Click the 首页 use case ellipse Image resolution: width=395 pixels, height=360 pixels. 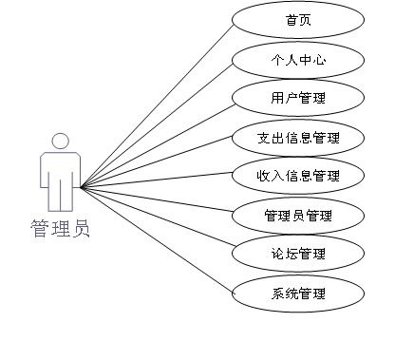(296, 19)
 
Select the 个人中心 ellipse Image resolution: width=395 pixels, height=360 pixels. (296, 59)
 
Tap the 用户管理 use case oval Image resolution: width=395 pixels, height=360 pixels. (296, 98)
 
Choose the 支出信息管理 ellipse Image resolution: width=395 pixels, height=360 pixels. (296, 138)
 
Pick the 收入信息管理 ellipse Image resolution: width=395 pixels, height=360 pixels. (296, 176)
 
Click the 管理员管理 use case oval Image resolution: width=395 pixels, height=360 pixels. (296, 215)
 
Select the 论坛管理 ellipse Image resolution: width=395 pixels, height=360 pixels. (296, 254)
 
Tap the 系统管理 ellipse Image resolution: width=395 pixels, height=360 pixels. (296, 293)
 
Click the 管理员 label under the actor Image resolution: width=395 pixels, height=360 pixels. (61, 229)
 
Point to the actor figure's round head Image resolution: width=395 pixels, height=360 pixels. (61, 142)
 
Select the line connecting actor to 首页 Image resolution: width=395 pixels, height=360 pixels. (157, 104)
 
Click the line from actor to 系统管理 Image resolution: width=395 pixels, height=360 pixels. (157, 239)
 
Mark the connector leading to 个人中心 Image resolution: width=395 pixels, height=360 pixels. (157, 123)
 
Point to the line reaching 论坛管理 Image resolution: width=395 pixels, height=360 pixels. (157, 220)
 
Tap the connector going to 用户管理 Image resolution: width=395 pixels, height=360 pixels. (157, 142)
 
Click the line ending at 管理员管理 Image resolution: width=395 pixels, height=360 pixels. (157, 200)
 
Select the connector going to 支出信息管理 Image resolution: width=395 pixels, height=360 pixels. (157, 162)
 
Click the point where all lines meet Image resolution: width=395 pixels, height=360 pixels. (82, 187)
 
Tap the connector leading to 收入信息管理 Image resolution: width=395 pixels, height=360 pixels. (157, 181)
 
